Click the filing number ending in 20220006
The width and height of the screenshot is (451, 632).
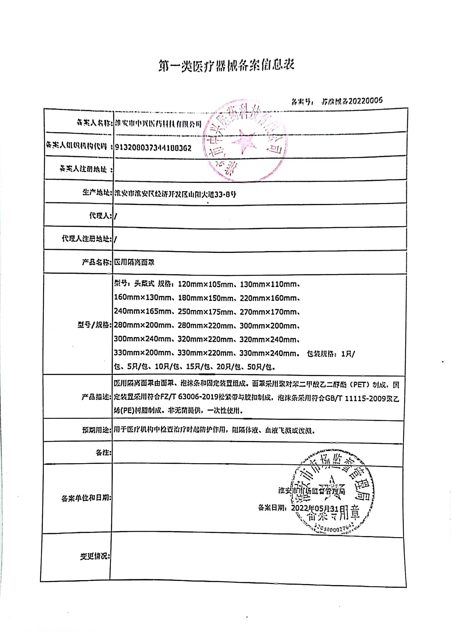[352, 101]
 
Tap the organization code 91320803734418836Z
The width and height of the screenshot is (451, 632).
[153, 148]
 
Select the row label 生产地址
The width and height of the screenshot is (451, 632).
[96, 192]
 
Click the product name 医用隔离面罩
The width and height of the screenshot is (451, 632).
[134, 262]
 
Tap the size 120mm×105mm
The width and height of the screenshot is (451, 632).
[206, 284]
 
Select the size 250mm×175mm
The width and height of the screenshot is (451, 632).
[206, 312]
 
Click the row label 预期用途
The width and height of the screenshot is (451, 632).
[96, 430]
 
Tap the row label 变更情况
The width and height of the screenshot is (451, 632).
[95, 556]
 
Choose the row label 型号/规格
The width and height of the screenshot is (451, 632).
[95, 325]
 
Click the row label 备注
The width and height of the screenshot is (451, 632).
[103, 453]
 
